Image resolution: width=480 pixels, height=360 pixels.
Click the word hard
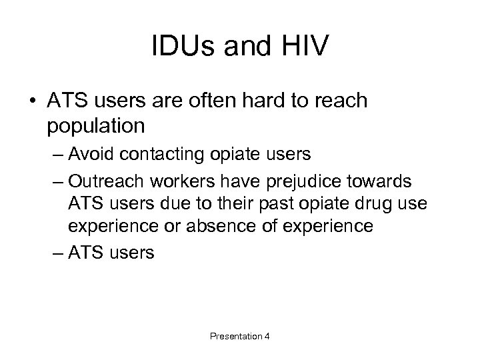pyautogui.click(x=290, y=101)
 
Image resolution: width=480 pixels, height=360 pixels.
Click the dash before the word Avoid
pyautogui.click(x=59, y=155)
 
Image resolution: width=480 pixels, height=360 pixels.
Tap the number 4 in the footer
pyautogui.click(x=267, y=337)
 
